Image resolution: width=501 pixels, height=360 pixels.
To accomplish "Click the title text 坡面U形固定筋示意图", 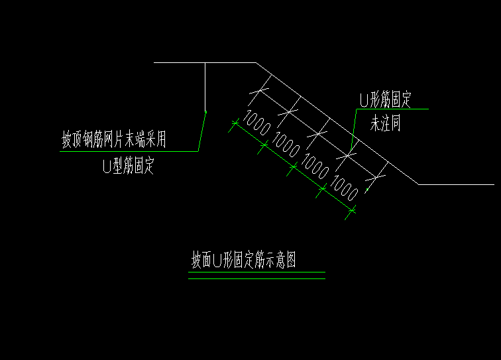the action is point(243,259).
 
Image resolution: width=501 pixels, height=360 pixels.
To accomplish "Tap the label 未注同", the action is point(385,123).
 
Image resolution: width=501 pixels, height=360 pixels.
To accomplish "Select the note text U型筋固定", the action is point(129,166).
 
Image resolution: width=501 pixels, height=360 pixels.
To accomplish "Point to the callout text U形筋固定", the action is point(386,99).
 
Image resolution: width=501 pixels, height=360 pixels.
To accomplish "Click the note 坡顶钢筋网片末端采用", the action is point(114,139).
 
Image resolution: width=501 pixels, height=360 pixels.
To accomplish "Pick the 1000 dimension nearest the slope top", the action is point(256,123).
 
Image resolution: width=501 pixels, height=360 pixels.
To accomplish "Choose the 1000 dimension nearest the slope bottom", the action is point(344,188).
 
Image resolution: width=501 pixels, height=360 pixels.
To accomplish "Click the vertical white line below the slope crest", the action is point(205,87).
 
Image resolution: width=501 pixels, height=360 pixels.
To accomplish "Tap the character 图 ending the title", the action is point(291,259).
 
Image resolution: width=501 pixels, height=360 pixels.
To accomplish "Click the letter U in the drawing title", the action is point(217,260).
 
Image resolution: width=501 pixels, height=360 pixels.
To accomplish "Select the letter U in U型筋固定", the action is point(107,166).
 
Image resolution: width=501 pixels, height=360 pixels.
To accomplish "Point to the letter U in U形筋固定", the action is point(364,100).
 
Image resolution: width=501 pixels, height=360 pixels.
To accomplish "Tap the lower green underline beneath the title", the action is point(256,279).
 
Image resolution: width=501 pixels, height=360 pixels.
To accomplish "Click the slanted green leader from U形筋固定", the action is point(354,129).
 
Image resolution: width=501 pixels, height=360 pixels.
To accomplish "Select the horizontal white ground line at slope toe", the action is point(456,184).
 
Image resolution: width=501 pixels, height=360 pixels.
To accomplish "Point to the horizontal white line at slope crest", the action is point(205,63).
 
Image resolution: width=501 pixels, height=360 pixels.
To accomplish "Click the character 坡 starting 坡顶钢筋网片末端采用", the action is point(67,139).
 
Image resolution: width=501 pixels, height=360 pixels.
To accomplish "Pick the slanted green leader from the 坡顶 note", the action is point(202,131).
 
